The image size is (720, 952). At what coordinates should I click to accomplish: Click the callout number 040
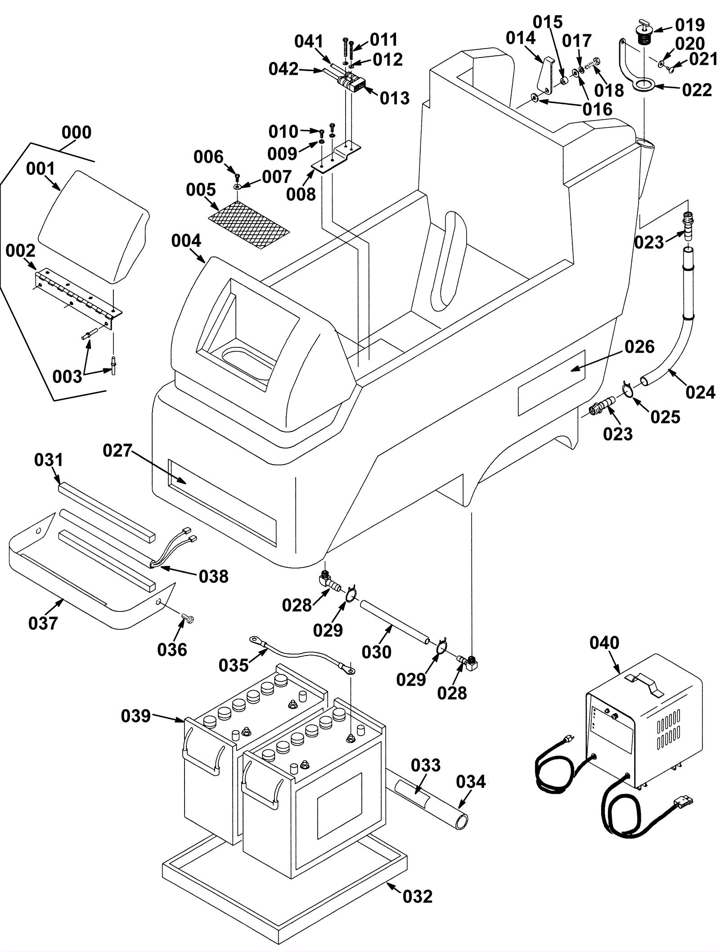[604, 643]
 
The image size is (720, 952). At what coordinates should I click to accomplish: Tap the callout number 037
[43, 623]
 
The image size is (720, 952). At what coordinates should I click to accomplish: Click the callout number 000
[76, 132]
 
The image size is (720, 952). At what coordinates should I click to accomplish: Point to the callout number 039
[136, 716]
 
